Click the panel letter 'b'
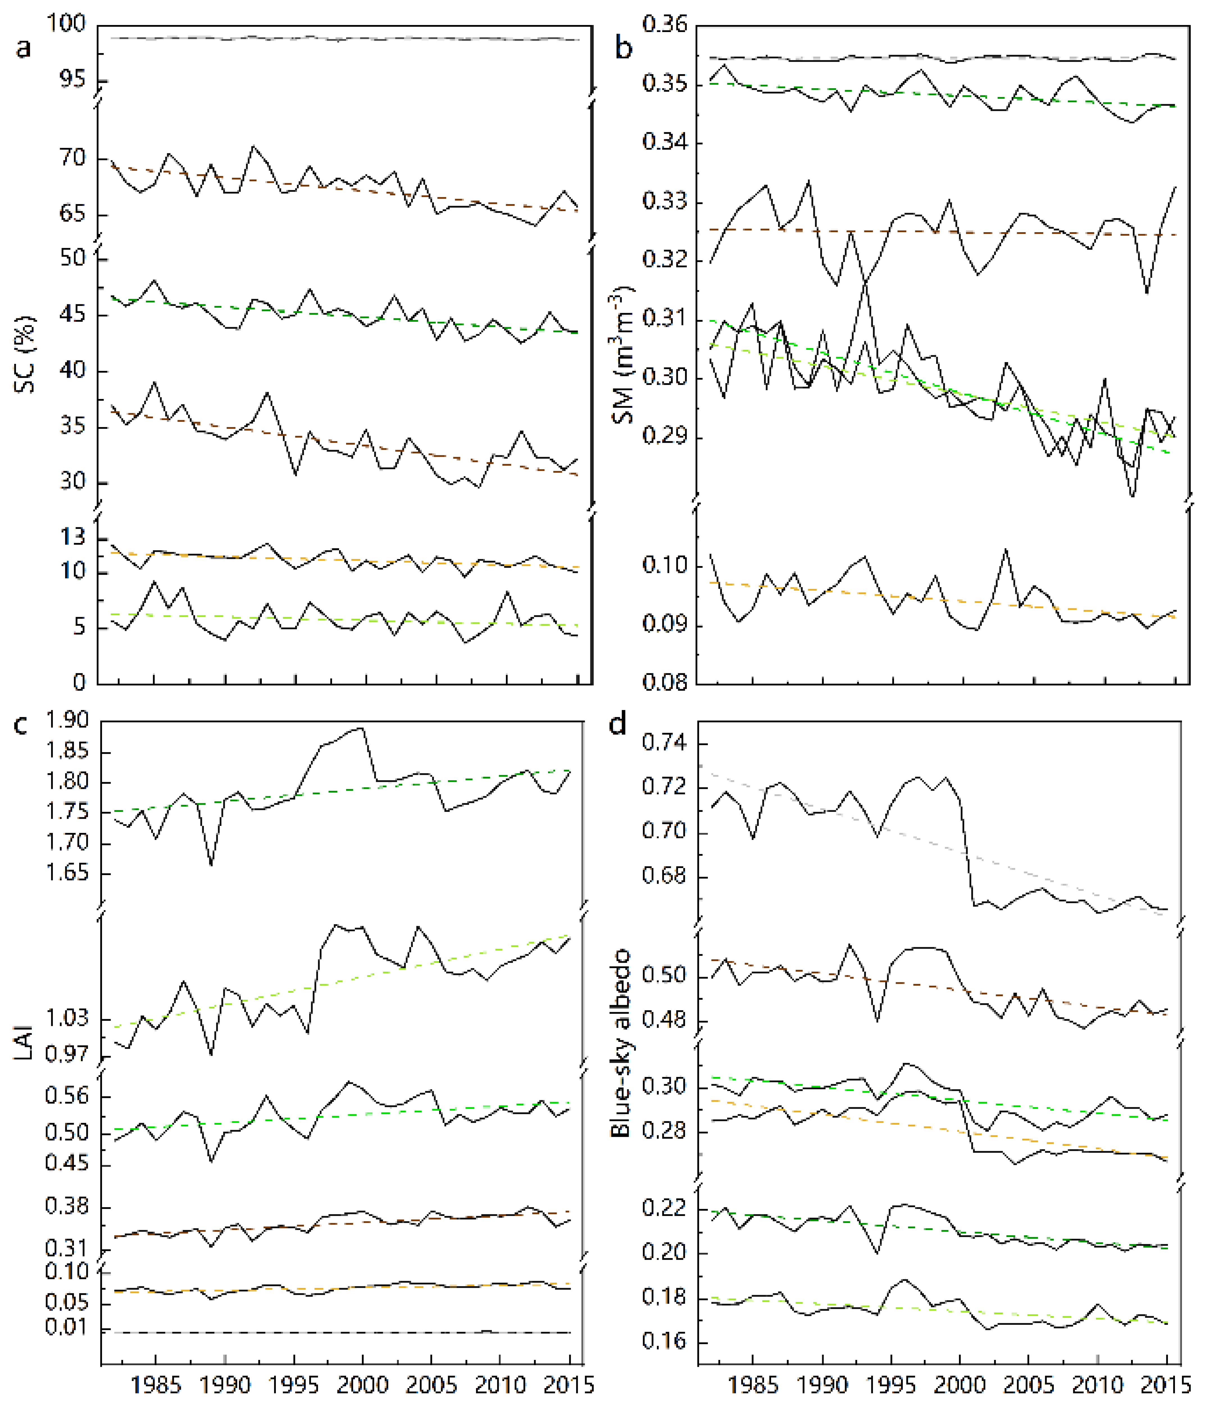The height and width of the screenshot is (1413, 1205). point(624,49)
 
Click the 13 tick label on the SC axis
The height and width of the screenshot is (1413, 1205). point(74,537)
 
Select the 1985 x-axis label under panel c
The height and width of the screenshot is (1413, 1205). point(156,1386)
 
